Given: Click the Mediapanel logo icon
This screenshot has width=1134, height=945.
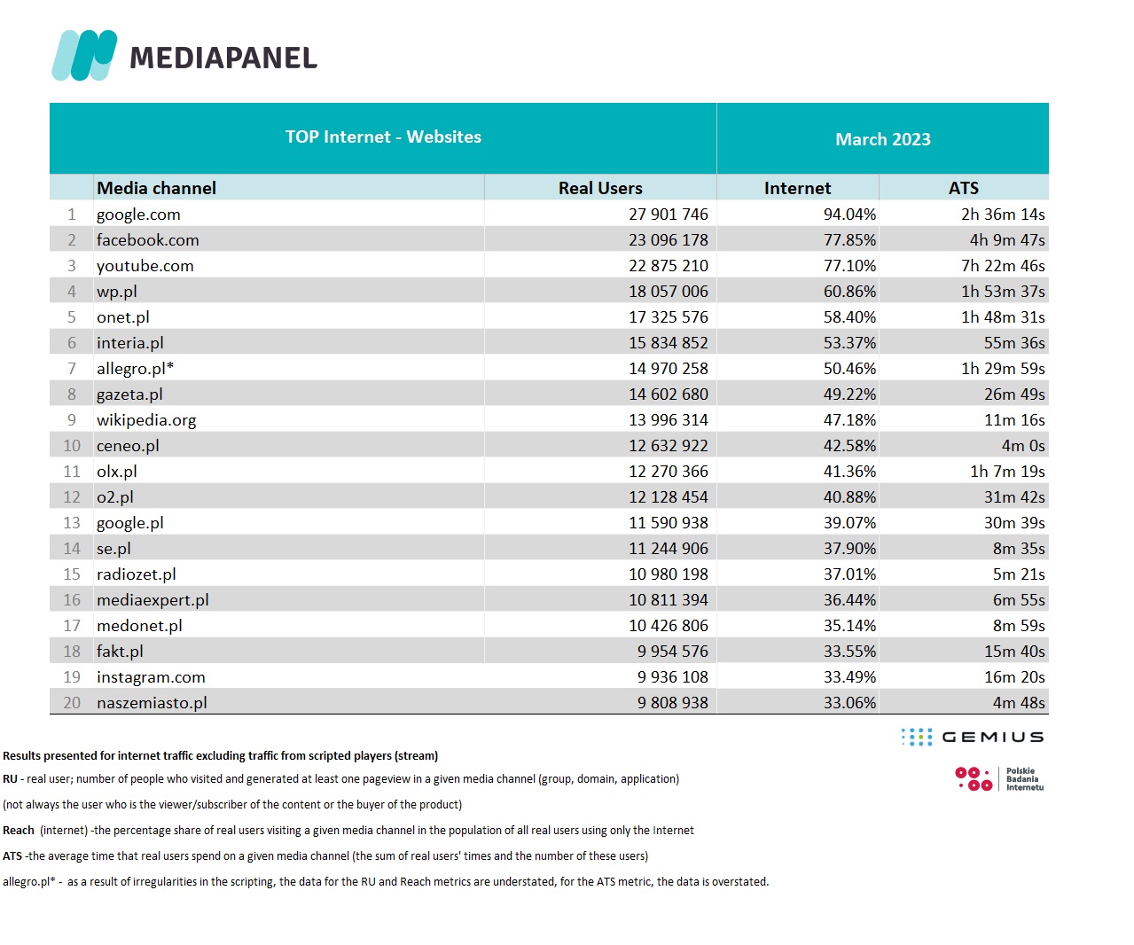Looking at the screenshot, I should click(84, 55).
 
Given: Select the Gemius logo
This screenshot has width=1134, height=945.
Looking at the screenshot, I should click(973, 737).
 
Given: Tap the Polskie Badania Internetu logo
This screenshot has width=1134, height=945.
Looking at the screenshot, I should click(999, 779).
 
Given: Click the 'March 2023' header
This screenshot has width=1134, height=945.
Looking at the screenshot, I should click(882, 139).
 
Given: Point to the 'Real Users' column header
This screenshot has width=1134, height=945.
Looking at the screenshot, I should click(600, 188).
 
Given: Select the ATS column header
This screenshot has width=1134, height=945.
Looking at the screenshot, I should click(963, 188).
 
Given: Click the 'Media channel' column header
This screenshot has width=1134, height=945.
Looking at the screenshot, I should click(156, 188).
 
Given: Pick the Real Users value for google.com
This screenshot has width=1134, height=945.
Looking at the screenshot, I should click(669, 215).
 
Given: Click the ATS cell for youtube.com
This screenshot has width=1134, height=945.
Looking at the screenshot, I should click(1003, 266).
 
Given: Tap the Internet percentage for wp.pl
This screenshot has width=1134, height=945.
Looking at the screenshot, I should click(849, 292).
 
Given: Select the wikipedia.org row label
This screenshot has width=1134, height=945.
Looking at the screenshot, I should click(146, 420).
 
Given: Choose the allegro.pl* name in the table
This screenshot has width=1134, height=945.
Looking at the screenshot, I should click(135, 369).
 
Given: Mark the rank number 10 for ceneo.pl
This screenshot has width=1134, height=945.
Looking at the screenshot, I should click(72, 446).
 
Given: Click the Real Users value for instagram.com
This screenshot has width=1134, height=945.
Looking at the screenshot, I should click(672, 677).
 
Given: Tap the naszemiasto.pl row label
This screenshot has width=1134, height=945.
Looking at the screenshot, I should click(152, 703).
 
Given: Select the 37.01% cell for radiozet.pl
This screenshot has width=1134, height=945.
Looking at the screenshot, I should click(849, 574).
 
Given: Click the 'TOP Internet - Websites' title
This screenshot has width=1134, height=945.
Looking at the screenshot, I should click(383, 137).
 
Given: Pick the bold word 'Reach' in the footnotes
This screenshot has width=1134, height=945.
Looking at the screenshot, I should click(19, 831).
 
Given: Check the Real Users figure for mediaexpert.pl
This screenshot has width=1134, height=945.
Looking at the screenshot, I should click(669, 600).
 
